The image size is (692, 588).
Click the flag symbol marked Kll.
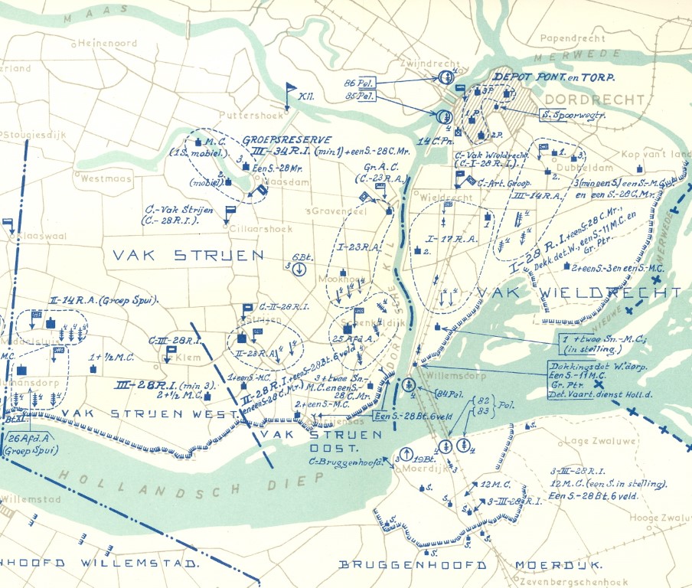click(x=291, y=93)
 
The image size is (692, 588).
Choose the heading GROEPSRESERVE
click(x=287, y=141)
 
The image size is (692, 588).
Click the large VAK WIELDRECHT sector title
click(x=579, y=292)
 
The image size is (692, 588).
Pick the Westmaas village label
click(x=103, y=178)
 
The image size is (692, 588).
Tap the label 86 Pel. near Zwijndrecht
click(x=358, y=81)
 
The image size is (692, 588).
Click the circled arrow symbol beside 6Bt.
click(x=299, y=269)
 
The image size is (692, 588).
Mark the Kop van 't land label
click(x=656, y=154)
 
